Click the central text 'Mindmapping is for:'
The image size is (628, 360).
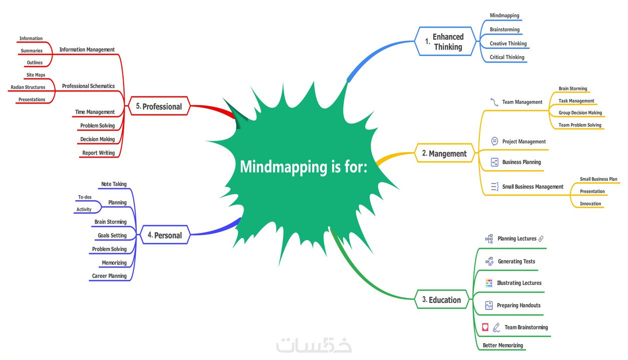pos(303,166)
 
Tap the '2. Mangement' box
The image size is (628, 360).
pos(444,153)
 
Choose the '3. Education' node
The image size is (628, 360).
pos(441,300)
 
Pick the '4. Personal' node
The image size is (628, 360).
pos(165,235)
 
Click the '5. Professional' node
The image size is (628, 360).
pos(159,106)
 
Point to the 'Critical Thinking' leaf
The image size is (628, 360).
pos(507,57)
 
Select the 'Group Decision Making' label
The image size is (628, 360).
pos(580,113)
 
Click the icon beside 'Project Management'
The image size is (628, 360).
pos(494,141)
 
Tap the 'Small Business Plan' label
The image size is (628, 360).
pos(598,179)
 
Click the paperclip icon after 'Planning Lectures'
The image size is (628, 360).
pos(541,239)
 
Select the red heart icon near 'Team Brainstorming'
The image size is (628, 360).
pos(485,327)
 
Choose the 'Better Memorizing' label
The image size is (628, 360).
pos(502,345)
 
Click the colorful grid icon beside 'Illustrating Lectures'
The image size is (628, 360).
pos(489,283)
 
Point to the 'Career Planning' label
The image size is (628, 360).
pos(109,276)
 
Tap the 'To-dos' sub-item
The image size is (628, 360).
pos(85,197)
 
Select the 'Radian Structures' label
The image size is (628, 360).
pos(28,87)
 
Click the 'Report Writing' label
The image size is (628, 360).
pos(98,153)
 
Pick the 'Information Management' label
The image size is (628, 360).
pos(87,49)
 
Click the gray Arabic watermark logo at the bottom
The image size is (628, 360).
pos(314,345)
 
